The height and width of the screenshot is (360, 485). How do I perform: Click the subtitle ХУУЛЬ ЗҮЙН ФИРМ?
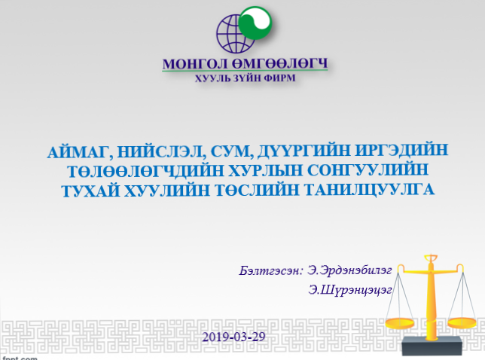(x=243, y=78)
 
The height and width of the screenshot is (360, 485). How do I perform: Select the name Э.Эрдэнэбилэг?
(x=349, y=268)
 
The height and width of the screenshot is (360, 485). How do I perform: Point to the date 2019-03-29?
(x=233, y=336)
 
